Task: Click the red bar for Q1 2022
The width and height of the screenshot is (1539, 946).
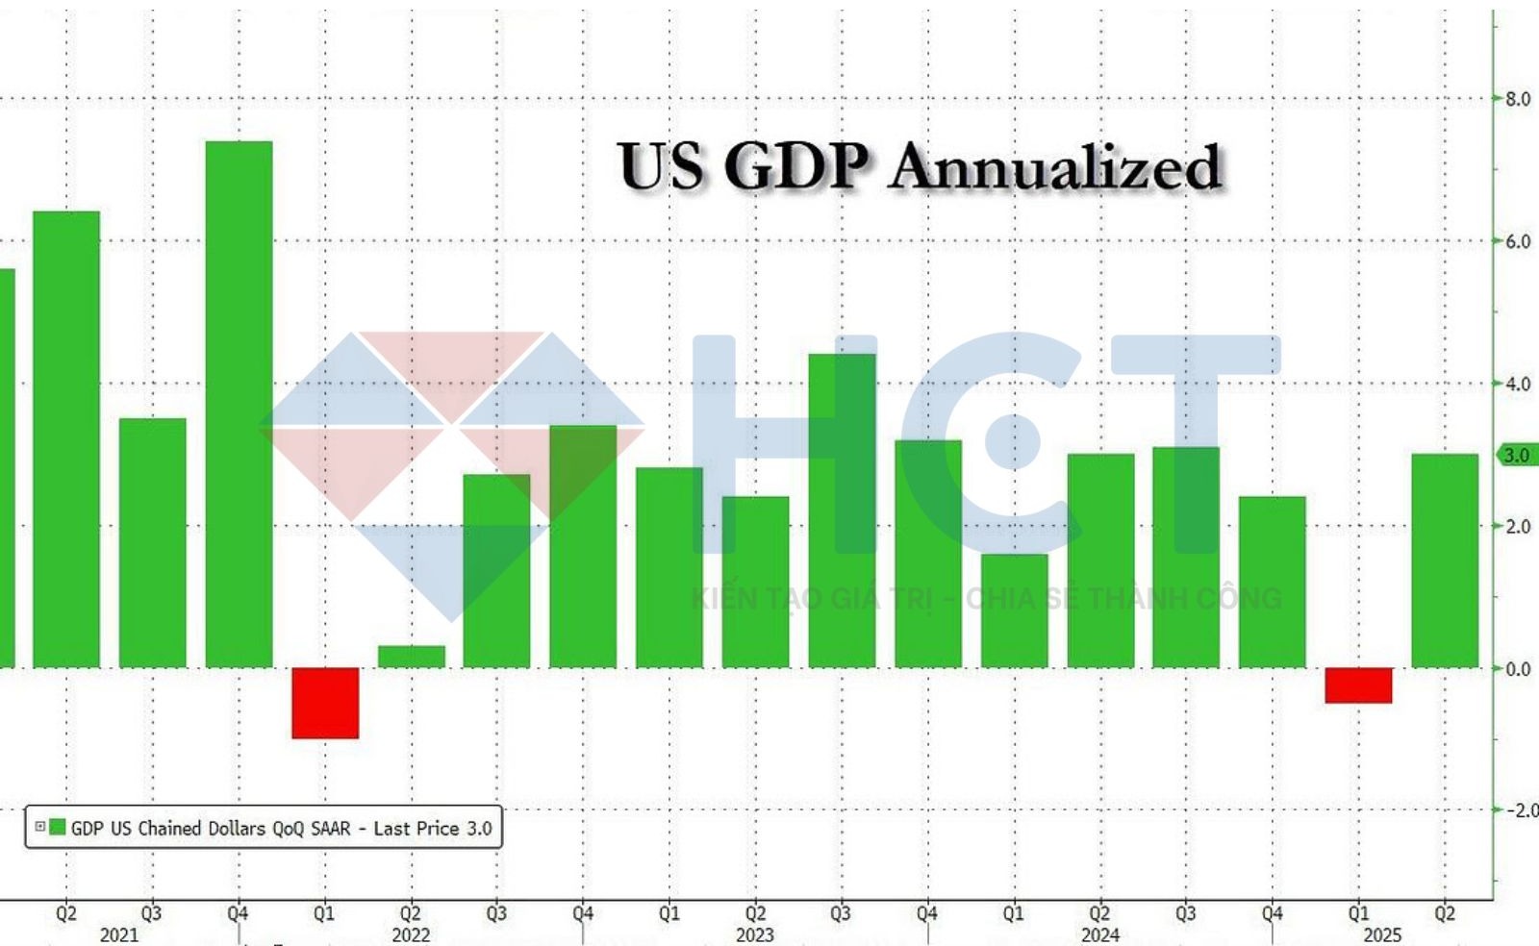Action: point(325,703)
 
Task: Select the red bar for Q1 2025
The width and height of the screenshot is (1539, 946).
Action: point(1358,685)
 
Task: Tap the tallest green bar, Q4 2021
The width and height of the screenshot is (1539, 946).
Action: point(239,404)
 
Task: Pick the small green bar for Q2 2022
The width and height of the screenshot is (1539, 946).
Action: point(412,657)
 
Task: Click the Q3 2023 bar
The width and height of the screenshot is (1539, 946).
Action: point(842,510)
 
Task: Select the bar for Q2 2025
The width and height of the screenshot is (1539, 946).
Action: point(1445,560)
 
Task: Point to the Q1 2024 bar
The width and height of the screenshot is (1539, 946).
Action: point(1014,610)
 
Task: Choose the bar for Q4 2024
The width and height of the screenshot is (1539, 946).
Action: point(1272,582)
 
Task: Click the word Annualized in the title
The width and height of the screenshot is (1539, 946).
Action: point(1055,166)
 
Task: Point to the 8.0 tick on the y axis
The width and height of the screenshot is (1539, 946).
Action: point(1518,99)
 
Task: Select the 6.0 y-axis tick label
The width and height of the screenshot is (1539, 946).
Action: point(1518,241)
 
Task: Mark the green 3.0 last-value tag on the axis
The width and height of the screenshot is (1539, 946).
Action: point(1517,455)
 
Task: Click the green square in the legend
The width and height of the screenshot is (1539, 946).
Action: point(58,827)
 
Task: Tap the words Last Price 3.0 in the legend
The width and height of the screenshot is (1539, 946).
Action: point(433,828)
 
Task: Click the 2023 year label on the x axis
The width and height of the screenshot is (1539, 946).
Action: point(755,934)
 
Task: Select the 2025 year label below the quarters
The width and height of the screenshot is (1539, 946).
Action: point(1382,934)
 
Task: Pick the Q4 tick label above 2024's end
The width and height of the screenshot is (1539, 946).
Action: point(1272,912)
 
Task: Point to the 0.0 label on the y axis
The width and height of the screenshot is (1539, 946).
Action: point(1518,669)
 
